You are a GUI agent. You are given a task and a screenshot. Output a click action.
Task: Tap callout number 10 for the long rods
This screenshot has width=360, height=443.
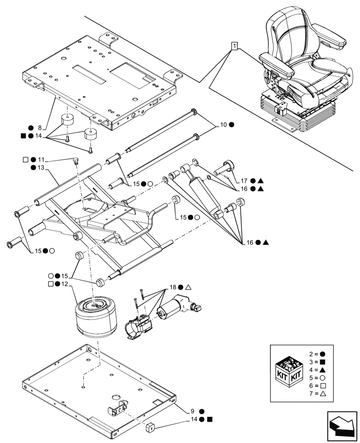pyautogui.click(x=223, y=125)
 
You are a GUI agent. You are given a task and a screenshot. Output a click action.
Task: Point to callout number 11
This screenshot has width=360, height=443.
pyautogui.click(x=42, y=159)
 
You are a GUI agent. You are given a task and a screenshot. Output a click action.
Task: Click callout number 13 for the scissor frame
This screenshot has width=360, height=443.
pyautogui.click(x=42, y=168)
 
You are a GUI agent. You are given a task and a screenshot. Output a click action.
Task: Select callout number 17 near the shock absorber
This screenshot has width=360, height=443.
pyautogui.click(x=244, y=180)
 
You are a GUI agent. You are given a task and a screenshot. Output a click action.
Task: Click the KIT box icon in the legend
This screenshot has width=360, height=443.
pyautogui.click(x=288, y=372)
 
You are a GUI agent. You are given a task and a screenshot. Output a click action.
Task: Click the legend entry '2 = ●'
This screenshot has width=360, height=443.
pyautogui.click(x=316, y=355)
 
